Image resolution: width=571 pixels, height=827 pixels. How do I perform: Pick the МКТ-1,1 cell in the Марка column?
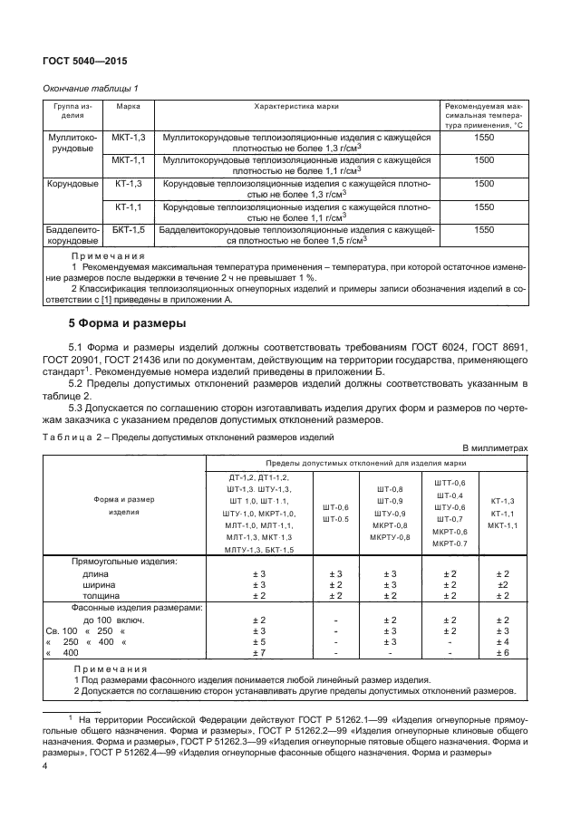(128, 159)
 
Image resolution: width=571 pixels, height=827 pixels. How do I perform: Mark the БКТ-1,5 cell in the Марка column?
(128, 230)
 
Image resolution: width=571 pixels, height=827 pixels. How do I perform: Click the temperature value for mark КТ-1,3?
(483, 183)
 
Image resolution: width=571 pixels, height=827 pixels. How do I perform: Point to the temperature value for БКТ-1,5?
(483, 230)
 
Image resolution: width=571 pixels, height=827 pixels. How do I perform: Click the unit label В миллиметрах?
(494, 447)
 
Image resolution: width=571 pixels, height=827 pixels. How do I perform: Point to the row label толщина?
(101, 596)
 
